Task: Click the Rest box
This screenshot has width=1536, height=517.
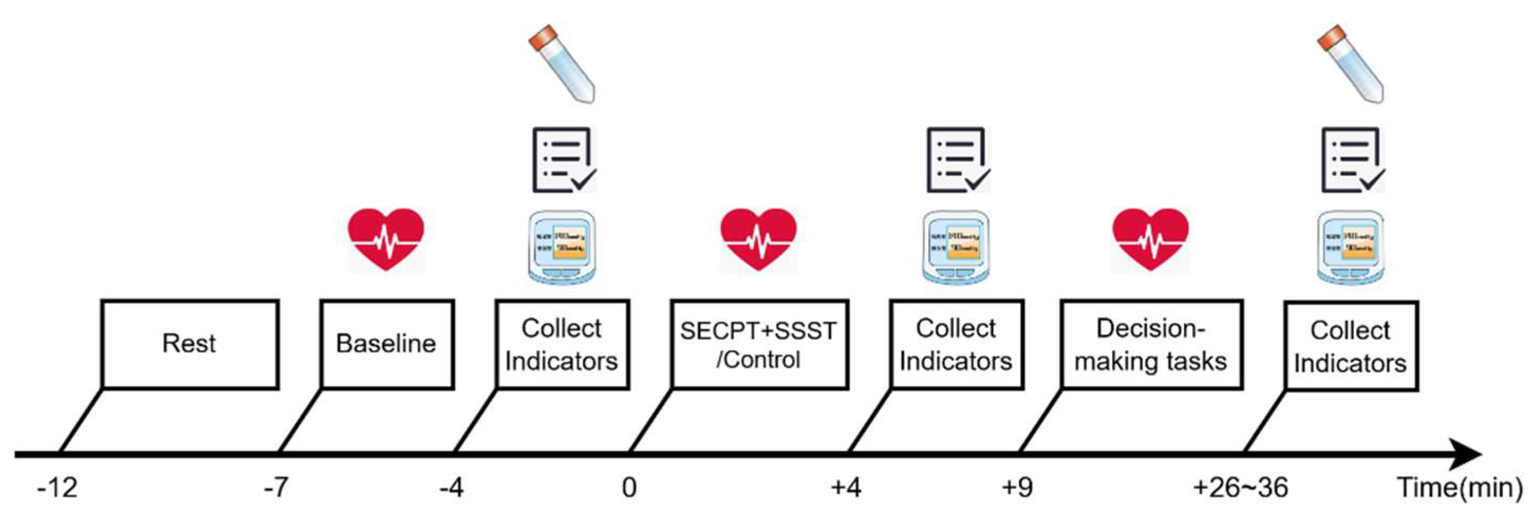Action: [190, 345]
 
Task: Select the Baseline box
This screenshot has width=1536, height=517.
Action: [387, 345]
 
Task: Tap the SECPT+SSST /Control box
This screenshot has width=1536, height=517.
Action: [759, 345]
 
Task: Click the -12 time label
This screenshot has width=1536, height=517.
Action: [57, 488]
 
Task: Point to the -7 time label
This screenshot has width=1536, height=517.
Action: [276, 488]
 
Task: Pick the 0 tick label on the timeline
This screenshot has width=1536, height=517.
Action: [629, 488]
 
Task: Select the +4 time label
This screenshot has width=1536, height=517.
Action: [846, 488]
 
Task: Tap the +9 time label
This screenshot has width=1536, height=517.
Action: [1017, 488]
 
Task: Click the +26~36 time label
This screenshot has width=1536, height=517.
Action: [1241, 488]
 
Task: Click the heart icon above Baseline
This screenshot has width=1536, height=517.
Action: [387, 239]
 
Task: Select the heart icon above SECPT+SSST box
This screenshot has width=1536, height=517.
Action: [758, 239]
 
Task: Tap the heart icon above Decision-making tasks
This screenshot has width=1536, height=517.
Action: [1151, 239]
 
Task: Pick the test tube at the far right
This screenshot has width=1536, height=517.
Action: [1350, 64]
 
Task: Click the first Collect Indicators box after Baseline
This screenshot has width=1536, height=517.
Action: [562, 345]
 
